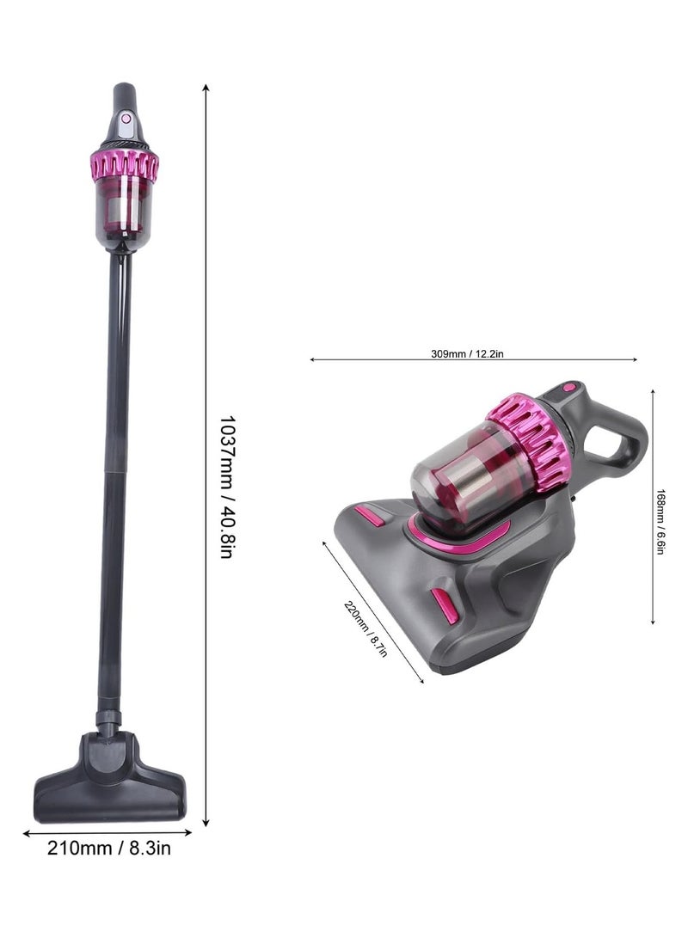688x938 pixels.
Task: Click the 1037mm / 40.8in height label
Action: pyautogui.click(x=225, y=487)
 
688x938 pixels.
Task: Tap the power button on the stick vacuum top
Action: pyautogui.click(x=126, y=119)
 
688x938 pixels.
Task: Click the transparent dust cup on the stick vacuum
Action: pyautogui.click(x=124, y=211)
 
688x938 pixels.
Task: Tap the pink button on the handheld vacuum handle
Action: pyautogui.click(x=568, y=389)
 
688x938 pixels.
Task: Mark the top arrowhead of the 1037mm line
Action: pyautogui.click(x=206, y=87)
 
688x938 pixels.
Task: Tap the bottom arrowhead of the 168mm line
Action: pyautogui.click(x=653, y=621)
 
